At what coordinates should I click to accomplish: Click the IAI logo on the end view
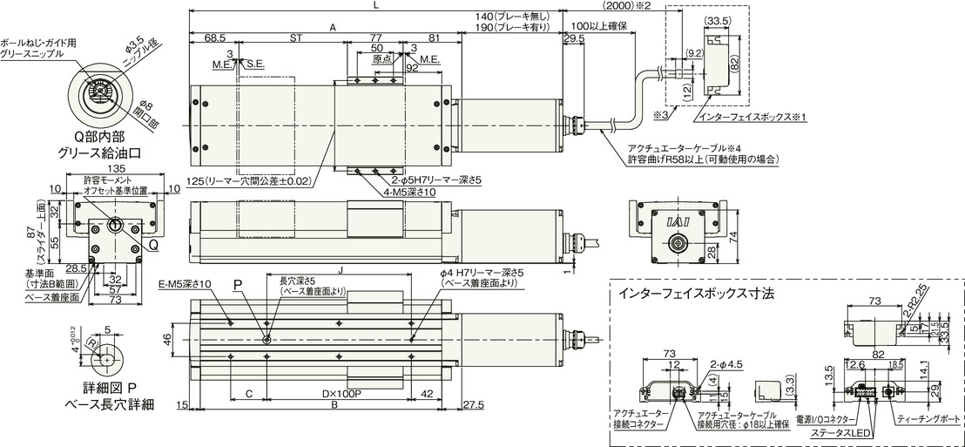click(678, 223)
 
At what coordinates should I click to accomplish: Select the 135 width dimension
click(116, 170)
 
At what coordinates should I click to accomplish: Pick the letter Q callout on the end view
click(152, 246)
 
